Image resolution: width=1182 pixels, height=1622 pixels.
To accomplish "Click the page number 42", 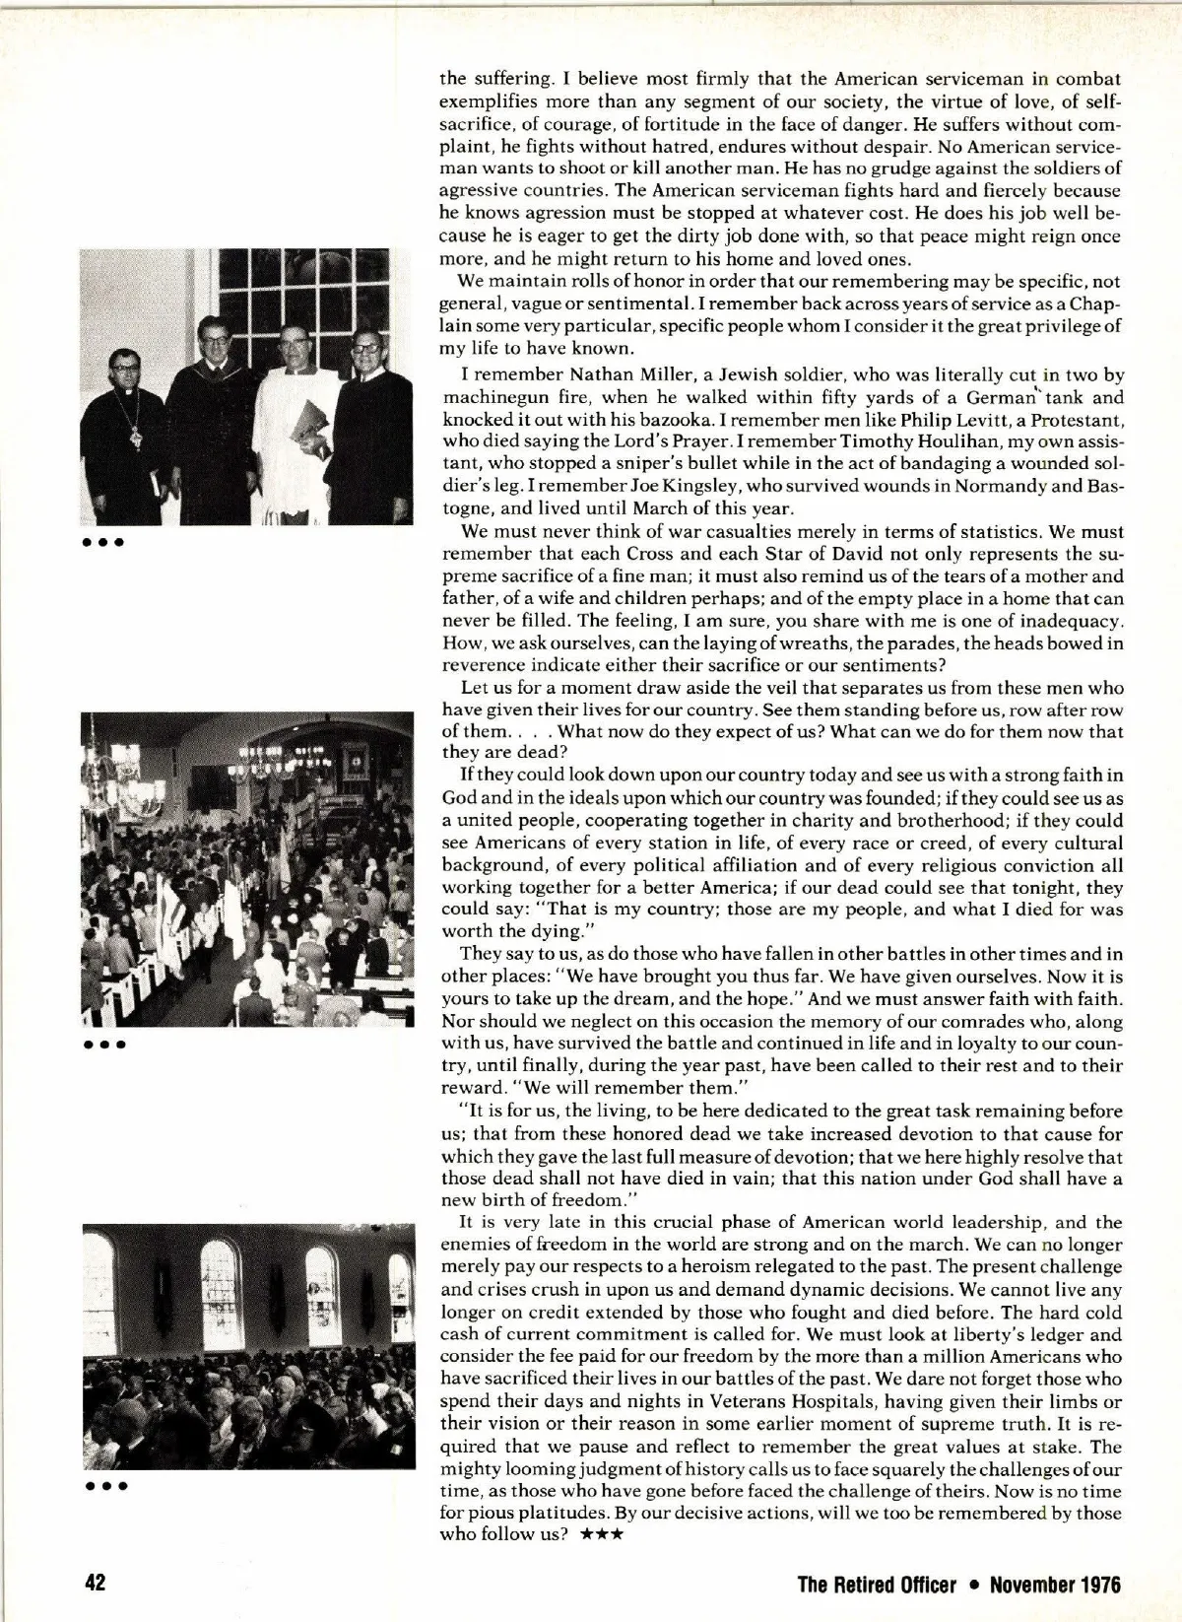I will click(95, 1585).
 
